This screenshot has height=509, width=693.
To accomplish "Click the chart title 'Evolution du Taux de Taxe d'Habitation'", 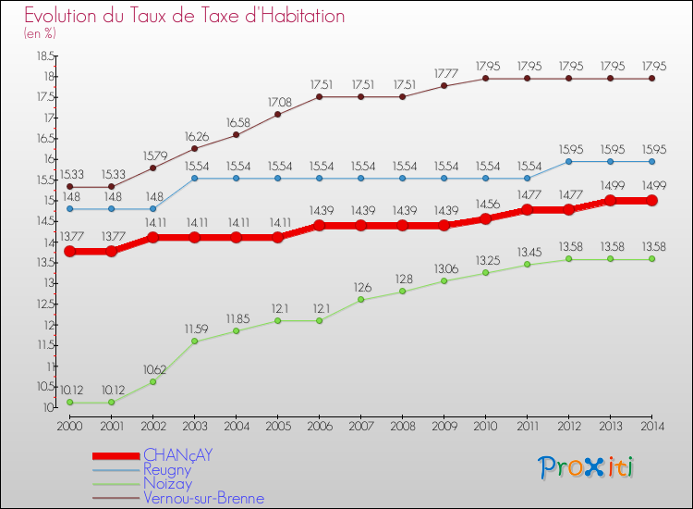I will (x=184, y=17).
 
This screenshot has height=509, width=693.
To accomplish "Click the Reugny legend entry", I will (x=167, y=470).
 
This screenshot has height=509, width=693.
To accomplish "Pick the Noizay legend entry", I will (x=167, y=484).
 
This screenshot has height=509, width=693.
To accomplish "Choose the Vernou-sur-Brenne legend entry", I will (x=203, y=498).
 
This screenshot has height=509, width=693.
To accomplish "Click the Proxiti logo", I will (x=587, y=467).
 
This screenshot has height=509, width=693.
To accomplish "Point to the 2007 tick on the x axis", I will (x=360, y=426).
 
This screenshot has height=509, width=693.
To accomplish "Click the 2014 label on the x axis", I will (x=651, y=426).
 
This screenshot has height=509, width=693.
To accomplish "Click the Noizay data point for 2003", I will (x=194, y=341).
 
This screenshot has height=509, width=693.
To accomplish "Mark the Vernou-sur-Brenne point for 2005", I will (x=277, y=114).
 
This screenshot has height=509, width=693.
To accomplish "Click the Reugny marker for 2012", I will (x=568, y=161).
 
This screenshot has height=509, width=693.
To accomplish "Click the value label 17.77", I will (x=444, y=72).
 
